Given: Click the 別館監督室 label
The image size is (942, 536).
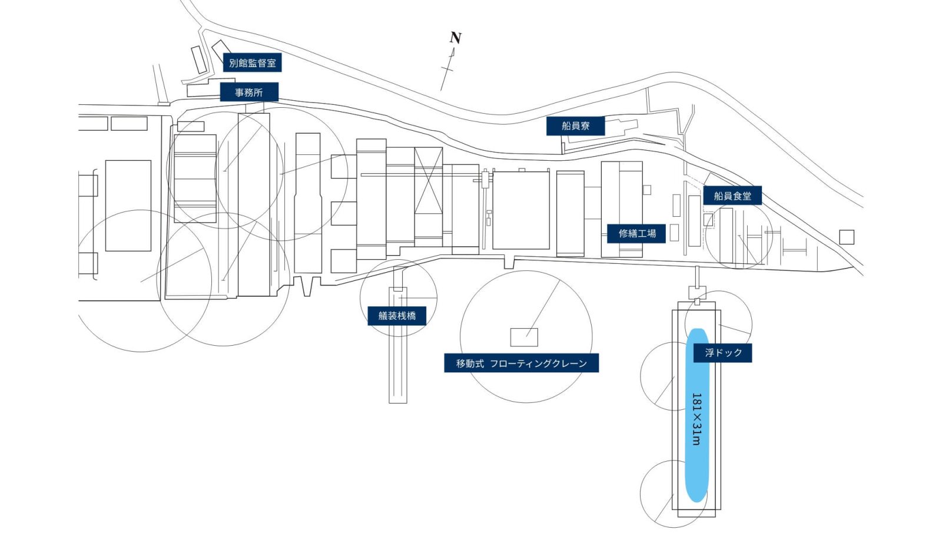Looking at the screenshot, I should [252, 62].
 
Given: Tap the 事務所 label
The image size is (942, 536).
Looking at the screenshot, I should [249, 92].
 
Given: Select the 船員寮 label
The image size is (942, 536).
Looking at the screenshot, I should [575, 125].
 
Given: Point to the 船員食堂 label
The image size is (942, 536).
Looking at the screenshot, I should [732, 196].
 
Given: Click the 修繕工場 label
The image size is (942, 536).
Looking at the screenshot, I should [636, 233].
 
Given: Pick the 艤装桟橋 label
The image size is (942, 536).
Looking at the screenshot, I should [397, 316].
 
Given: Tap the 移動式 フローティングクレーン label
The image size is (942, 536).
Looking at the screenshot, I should [521, 363].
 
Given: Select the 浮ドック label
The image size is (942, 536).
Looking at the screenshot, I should [723, 352].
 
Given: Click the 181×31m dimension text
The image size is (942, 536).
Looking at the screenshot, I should [696, 419].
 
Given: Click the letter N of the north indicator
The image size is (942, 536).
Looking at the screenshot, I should [455, 38].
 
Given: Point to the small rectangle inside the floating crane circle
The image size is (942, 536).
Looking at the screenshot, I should [523, 337].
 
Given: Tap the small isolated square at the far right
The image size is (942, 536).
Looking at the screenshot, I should [847, 237].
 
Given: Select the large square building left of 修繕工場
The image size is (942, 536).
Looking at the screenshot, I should [521, 210].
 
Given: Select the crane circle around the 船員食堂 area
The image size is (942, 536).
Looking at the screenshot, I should [739, 236].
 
